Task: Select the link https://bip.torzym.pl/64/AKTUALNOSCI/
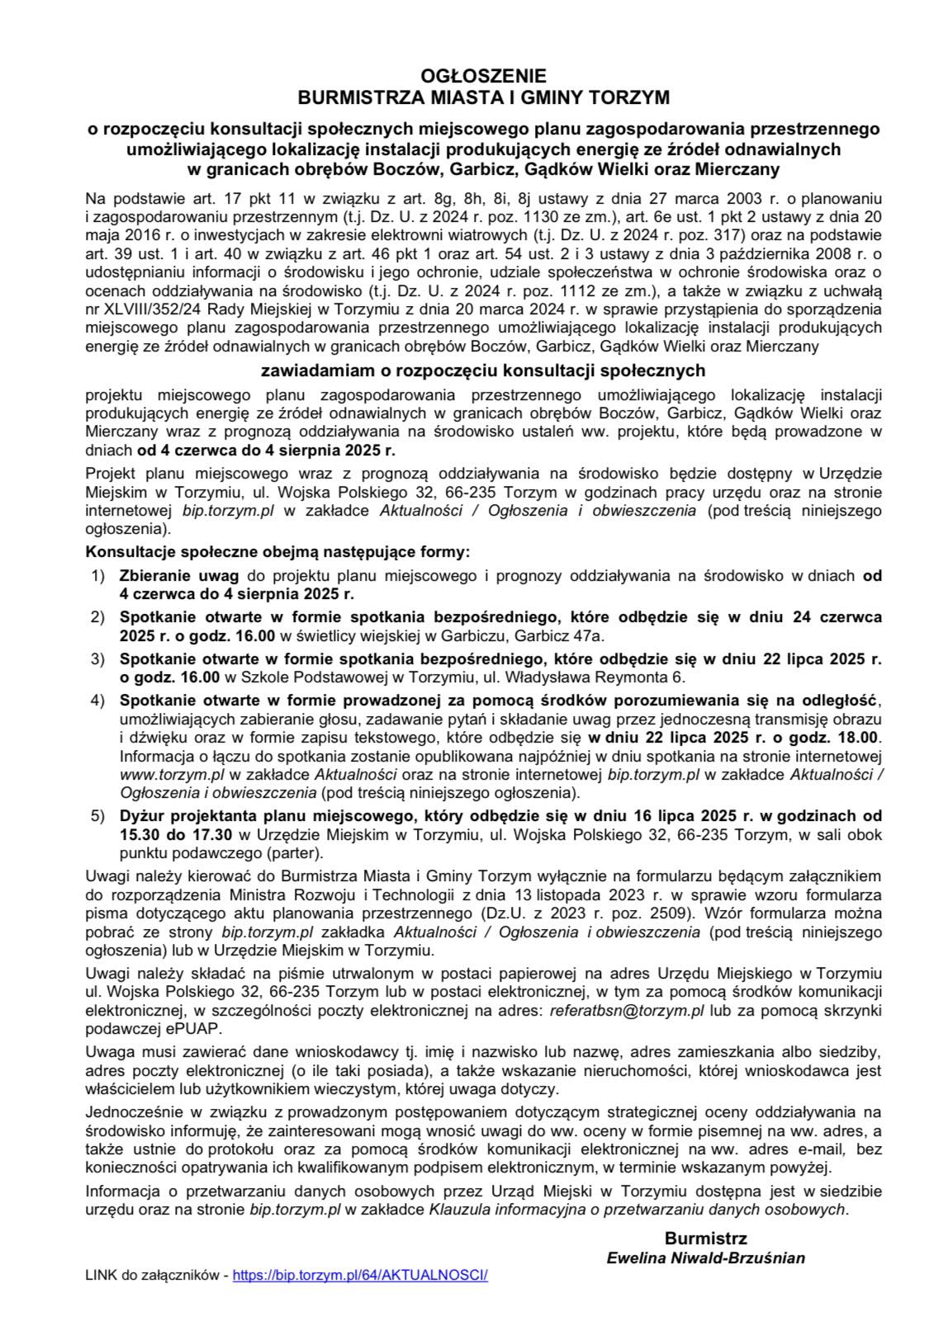(x=361, y=1275)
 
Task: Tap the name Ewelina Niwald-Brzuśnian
(x=705, y=1257)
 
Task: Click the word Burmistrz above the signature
(x=705, y=1239)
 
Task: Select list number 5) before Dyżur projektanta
(x=97, y=817)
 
